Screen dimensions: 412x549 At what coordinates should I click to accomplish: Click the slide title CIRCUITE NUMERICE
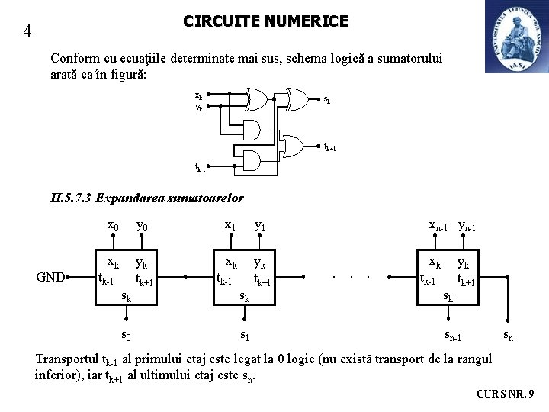(x=265, y=21)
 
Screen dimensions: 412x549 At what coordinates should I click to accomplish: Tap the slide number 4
(x=27, y=31)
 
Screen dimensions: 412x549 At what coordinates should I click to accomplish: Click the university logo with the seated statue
(x=516, y=37)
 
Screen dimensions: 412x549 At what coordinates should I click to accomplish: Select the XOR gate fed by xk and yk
(x=255, y=99)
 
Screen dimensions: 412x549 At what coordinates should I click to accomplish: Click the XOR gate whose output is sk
(x=297, y=98)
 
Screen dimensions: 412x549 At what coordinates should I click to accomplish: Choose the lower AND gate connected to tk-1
(x=249, y=161)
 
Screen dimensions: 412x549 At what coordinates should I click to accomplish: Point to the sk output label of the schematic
(x=326, y=99)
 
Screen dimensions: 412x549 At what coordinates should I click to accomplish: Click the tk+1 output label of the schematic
(x=329, y=146)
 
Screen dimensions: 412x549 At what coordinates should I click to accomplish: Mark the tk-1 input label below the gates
(x=200, y=166)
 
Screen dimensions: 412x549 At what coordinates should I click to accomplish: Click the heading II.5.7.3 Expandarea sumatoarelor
(x=146, y=198)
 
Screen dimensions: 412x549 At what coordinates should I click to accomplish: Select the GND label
(x=50, y=277)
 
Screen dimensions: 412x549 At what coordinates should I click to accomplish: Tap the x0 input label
(x=112, y=225)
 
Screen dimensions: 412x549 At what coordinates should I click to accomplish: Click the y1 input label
(x=260, y=225)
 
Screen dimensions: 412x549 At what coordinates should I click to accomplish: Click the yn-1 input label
(x=467, y=225)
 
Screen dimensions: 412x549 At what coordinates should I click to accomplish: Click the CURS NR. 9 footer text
(x=505, y=394)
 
